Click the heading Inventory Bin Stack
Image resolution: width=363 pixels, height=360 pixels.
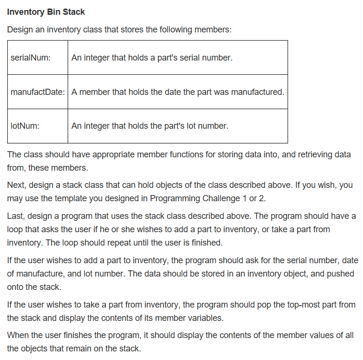click(x=46, y=11)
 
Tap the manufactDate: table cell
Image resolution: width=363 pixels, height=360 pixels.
click(x=38, y=92)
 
